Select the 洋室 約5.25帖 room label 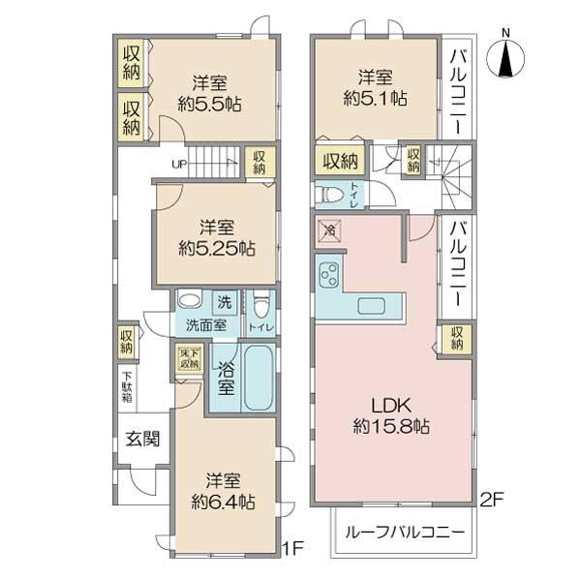[x=215, y=237]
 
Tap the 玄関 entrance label [x=142, y=439]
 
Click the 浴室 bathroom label [x=225, y=377]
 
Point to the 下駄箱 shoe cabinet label [x=127, y=387]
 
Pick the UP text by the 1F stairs [x=179, y=164]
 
